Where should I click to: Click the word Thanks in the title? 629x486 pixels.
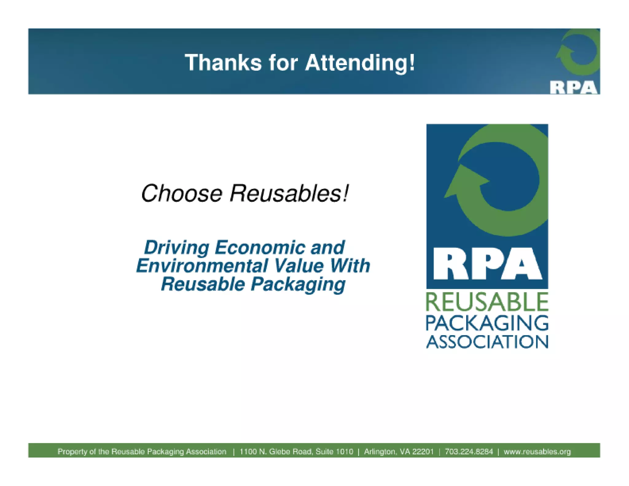click(223, 63)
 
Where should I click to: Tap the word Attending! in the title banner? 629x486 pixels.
click(360, 63)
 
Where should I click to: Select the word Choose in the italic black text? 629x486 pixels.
click(182, 194)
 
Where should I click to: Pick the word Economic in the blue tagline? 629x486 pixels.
click(260, 248)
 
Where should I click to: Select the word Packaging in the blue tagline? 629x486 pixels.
click(298, 284)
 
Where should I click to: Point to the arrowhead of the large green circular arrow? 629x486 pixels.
click(464, 181)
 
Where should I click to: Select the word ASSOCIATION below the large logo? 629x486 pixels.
click(487, 342)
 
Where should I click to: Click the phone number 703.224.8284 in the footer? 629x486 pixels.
click(469, 452)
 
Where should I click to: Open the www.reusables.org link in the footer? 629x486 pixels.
click(537, 452)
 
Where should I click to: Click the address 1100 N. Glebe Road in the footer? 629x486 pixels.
click(286, 452)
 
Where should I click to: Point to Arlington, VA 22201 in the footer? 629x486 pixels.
click(399, 452)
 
